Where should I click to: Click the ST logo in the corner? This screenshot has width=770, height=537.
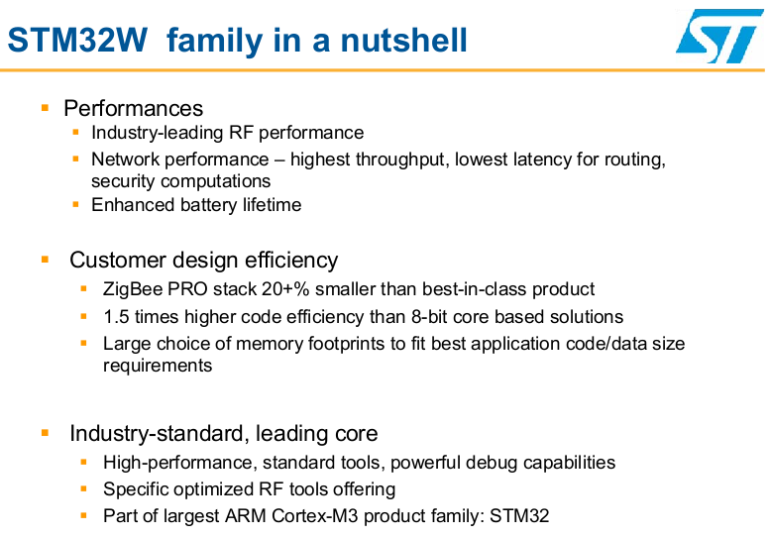tap(719, 37)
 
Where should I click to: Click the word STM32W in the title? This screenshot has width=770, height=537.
tap(77, 40)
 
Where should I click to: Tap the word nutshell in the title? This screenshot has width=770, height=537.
tap(403, 40)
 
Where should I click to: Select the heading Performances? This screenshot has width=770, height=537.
tap(133, 108)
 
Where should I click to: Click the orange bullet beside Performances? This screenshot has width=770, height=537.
tap(46, 107)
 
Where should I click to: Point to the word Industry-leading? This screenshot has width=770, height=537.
tap(158, 133)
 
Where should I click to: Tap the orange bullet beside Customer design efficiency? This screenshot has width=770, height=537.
tap(46, 260)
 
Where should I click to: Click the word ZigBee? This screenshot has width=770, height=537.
tap(133, 289)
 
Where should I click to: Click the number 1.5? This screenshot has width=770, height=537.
tap(116, 317)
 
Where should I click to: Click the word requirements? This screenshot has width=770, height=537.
tap(158, 366)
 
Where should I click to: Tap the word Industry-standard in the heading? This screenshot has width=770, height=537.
tap(157, 433)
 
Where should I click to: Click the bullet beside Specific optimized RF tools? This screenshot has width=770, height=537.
tap(83, 488)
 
